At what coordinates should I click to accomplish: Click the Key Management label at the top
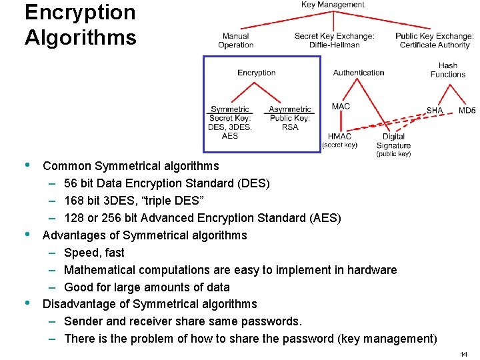(x=333, y=5)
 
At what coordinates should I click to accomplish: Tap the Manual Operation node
(x=235, y=41)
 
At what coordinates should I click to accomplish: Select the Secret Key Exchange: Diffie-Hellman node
(x=334, y=41)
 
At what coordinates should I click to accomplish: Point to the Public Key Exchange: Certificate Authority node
(x=435, y=41)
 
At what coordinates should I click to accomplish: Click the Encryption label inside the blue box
(x=256, y=73)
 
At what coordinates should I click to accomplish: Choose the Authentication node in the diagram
(x=359, y=73)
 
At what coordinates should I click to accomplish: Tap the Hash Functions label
(x=448, y=70)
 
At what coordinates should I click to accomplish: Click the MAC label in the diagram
(x=341, y=107)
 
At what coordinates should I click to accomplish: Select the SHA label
(x=435, y=111)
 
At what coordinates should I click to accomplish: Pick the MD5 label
(x=467, y=111)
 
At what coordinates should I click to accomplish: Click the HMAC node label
(x=339, y=137)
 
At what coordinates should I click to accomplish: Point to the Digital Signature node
(x=393, y=141)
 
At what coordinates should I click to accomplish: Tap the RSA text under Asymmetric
(x=290, y=127)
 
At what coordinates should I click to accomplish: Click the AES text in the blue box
(x=229, y=136)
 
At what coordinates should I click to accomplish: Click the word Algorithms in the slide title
(x=80, y=37)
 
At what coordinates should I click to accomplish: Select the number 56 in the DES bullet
(x=71, y=183)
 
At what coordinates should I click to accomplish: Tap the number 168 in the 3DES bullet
(x=73, y=201)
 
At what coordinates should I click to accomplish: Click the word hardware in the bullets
(x=371, y=270)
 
